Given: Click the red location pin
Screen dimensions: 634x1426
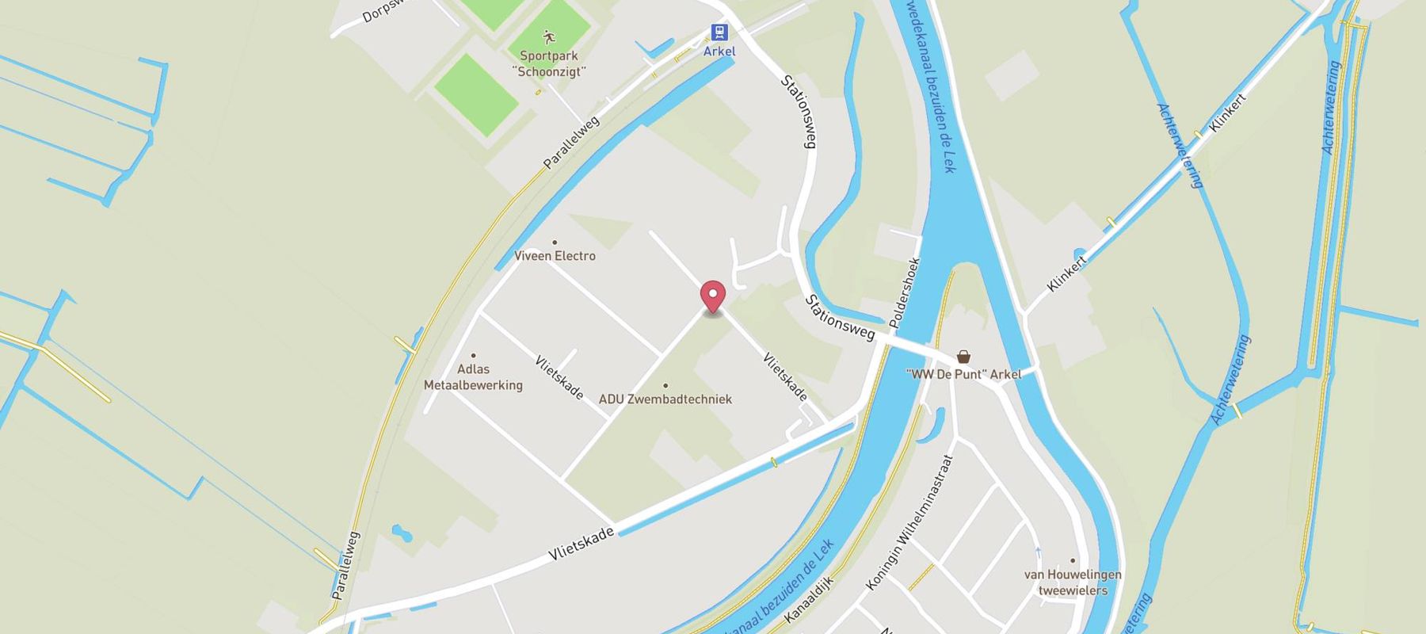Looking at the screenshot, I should (x=713, y=297).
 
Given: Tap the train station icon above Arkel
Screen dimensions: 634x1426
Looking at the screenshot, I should (x=719, y=32).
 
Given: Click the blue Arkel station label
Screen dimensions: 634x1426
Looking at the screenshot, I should (x=719, y=52).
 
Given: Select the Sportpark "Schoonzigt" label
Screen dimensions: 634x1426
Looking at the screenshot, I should (x=549, y=63).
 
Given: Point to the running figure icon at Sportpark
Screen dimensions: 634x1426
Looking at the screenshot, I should (x=549, y=36).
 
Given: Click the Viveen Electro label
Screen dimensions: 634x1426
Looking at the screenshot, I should (x=555, y=256).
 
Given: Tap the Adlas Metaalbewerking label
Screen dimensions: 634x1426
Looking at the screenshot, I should (x=474, y=377).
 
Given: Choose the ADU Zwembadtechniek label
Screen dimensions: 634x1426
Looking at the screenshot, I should (x=665, y=399).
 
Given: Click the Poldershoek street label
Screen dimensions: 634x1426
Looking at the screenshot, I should (x=904, y=293).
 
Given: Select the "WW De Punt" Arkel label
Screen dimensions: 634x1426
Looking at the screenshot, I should (x=963, y=374).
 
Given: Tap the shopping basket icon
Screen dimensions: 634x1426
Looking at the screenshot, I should (x=963, y=357).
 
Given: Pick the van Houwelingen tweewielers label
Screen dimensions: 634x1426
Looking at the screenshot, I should (x=1073, y=582).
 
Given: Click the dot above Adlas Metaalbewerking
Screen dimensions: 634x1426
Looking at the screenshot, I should (x=474, y=356).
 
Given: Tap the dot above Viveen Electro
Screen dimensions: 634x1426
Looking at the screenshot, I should (x=555, y=243).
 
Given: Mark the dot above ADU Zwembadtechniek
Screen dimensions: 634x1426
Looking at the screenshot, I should (x=665, y=385).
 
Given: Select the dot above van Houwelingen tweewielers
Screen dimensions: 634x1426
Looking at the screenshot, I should (x=1073, y=560).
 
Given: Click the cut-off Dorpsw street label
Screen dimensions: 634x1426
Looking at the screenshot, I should (x=380, y=11).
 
